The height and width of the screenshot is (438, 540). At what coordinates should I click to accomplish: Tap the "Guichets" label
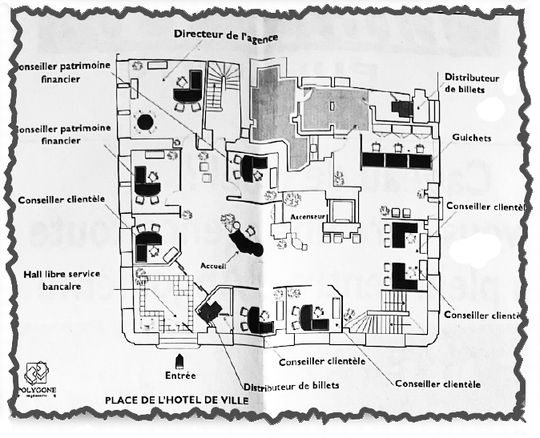(471, 138)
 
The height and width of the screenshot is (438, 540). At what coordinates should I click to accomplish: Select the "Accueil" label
(214, 264)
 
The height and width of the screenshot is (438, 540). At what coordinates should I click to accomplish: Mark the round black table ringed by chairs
(146, 123)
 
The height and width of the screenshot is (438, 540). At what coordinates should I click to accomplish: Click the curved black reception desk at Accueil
(244, 239)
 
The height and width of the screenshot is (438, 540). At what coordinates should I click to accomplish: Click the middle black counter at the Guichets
(396, 159)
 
